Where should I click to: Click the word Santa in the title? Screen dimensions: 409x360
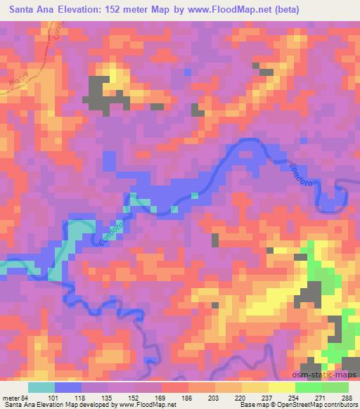point(21,10)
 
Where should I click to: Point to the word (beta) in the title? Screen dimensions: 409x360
point(299,10)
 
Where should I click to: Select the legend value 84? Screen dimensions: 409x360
point(25,397)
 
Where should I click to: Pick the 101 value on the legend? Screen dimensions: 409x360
point(56,397)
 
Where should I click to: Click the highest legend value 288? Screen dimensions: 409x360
point(347,397)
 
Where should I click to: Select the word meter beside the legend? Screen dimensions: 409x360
point(11,397)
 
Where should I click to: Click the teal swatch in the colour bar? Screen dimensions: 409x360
point(41,387)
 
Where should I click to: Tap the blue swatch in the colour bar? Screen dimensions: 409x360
point(68,387)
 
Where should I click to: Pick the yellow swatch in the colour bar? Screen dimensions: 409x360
point(282,387)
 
